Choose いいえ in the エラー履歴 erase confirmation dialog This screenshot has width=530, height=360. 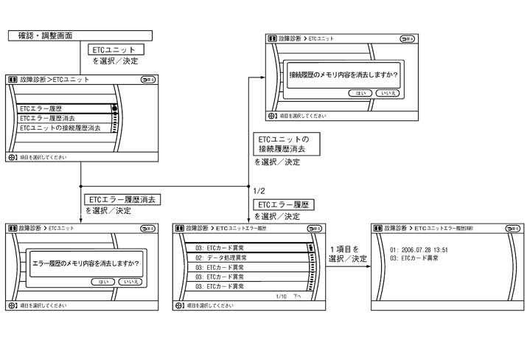pos(132,282)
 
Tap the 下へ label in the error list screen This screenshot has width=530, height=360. pos(297,296)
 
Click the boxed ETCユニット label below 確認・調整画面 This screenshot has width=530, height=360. pos(116,49)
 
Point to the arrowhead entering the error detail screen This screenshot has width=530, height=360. pos(368,267)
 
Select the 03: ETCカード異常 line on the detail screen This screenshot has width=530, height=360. pos(414,258)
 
